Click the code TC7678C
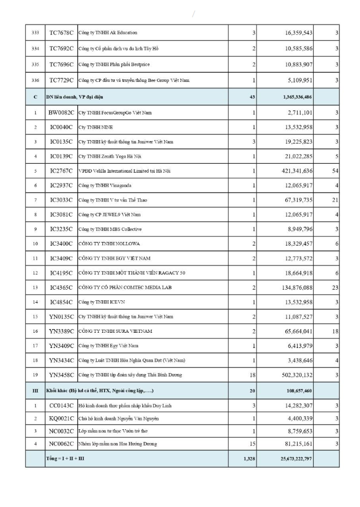coord(61,33)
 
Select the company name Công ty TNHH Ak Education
coord(108,33)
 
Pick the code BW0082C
coord(61,113)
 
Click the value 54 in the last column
coord(334,171)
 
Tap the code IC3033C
coord(61,200)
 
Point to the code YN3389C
coord(61,331)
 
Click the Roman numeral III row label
coord(35,391)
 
